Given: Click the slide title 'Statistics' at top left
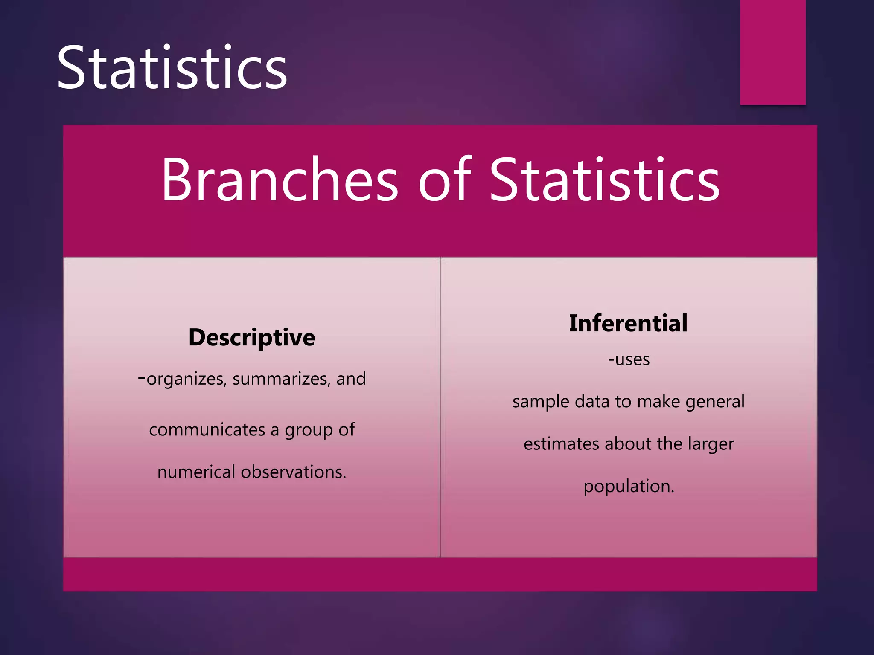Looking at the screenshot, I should [x=172, y=68].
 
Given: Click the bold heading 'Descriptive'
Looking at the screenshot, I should [x=252, y=337].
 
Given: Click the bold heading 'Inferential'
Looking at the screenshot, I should [x=628, y=323].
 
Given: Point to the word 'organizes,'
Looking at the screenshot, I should [x=186, y=379].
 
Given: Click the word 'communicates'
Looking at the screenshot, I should [x=207, y=429].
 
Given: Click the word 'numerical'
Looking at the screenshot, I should [x=196, y=472].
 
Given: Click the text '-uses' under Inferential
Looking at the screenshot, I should [x=629, y=359].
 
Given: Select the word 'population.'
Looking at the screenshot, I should [x=629, y=487].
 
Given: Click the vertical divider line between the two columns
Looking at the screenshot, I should [x=440, y=407].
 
